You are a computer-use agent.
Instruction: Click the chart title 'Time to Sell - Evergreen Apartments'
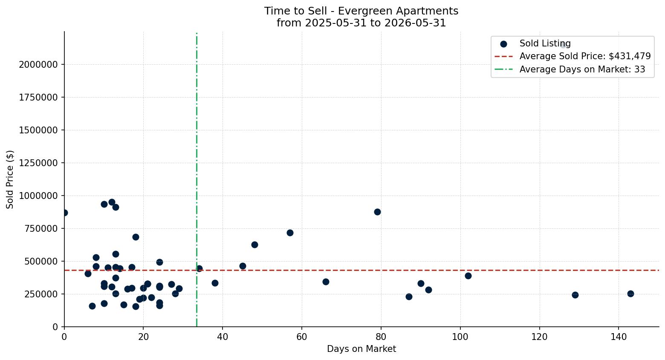361,11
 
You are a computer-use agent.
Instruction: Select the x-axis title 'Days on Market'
361,349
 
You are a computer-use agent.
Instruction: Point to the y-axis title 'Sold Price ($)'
10,179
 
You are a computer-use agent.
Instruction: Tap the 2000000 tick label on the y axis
38,64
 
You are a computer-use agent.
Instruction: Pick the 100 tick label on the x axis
460,337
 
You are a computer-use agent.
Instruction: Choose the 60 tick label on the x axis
302,337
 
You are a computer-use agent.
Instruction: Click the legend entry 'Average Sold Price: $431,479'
572,56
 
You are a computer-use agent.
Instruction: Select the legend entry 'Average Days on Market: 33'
570,69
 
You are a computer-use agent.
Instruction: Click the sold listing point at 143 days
630,294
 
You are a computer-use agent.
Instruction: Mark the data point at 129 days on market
575,295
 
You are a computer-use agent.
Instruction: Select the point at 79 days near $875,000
377,212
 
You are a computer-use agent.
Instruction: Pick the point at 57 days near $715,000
290,233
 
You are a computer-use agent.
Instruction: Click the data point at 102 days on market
468,276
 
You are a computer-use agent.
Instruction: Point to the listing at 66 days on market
326,282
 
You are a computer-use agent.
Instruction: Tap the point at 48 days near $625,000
254,245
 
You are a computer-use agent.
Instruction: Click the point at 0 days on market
64,213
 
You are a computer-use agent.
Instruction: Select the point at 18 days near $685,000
136,237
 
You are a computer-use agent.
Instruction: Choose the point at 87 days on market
409,297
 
